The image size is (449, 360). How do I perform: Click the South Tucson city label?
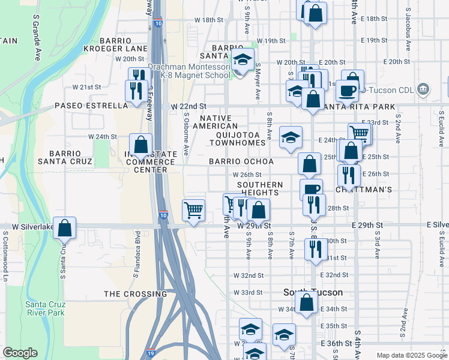[313, 292]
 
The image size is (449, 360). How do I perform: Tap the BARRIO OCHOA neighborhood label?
[241, 161]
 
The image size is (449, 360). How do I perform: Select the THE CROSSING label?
[135, 294]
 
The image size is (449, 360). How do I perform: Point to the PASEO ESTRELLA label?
[91, 106]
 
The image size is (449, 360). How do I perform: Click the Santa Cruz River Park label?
[44, 308]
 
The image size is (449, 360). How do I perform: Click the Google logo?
[20, 352]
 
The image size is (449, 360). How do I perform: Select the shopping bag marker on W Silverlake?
[65, 228]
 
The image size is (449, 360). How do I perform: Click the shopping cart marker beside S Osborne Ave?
[194, 211]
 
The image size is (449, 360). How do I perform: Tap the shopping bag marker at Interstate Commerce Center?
[140, 145]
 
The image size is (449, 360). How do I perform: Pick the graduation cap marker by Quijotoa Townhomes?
[291, 137]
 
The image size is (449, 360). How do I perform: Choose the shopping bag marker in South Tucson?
[307, 303]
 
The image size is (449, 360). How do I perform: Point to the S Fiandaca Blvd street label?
[137, 247]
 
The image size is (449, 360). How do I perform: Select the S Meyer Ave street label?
[257, 81]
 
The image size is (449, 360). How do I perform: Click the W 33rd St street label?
[249, 292]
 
